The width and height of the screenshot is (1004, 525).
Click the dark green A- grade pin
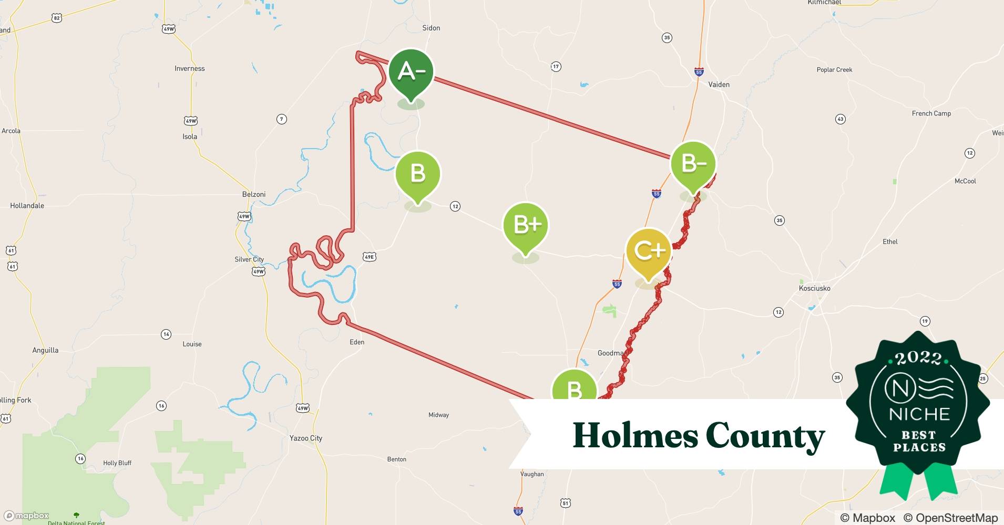point(411,72)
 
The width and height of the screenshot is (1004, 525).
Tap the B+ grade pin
point(525,225)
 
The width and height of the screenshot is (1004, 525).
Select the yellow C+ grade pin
point(648,251)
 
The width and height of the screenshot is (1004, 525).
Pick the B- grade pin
point(693,164)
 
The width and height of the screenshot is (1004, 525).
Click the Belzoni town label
point(254,194)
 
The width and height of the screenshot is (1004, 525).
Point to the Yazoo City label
point(306,438)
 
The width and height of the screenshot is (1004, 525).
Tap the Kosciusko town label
point(814,288)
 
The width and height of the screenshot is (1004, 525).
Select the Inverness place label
point(190,68)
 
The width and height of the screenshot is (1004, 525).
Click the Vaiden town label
point(719,84)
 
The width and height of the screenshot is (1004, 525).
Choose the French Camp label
point(931,113)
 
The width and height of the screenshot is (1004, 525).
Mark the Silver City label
point(249,259)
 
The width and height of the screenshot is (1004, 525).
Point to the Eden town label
point(357,342)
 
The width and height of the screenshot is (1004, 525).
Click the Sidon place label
point(431,28)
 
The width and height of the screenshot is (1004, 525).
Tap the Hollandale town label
point(27,205)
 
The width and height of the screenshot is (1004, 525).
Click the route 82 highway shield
point(57,18)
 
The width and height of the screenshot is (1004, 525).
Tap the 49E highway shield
point(370,257)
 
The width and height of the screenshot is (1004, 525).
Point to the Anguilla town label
point(46,350)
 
